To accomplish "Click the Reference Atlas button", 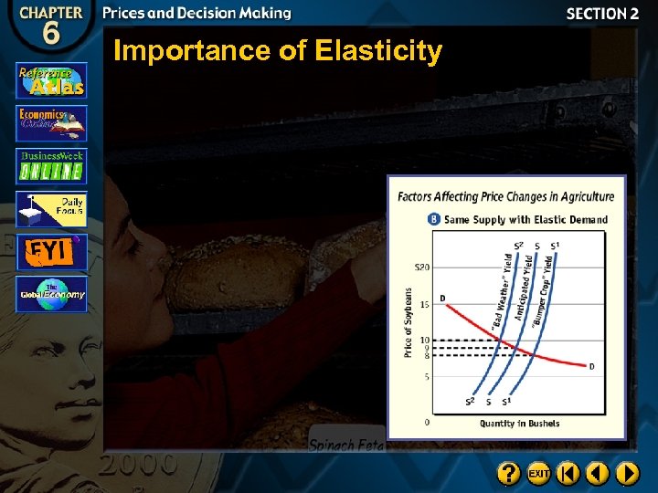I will tap(51, 80).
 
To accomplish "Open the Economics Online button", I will tap(51, 123).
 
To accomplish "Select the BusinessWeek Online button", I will tap(51, 166).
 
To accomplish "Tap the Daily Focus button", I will tap(51, 209).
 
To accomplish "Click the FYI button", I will tap(51, 252).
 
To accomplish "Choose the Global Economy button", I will tap(51, 294).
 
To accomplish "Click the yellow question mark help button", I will tap(509, 473).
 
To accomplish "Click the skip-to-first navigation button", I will tap(568, 473).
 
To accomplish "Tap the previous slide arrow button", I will tap(598, 473).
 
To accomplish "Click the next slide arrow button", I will tap(627, 473).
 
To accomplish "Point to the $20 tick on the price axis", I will tap(421, 267).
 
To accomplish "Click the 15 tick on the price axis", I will tap(425, 303).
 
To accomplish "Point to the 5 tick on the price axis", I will tap(427, 376).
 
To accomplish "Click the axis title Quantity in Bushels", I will tap(519, 424).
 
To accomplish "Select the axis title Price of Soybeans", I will tap(409, 322).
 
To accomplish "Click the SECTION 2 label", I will tap(602, 14).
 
